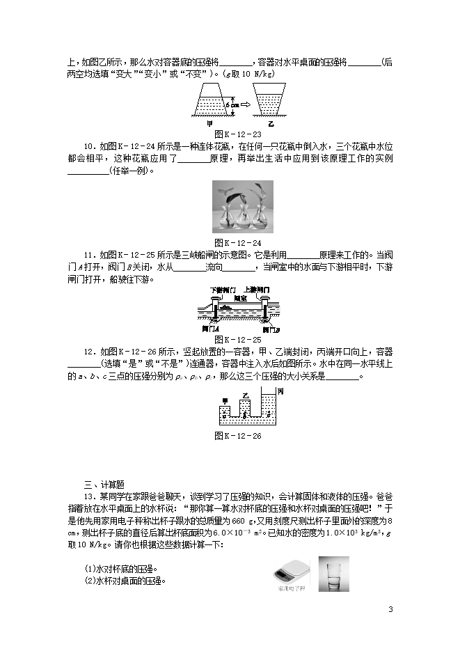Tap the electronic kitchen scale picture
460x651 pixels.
(290, 570)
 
